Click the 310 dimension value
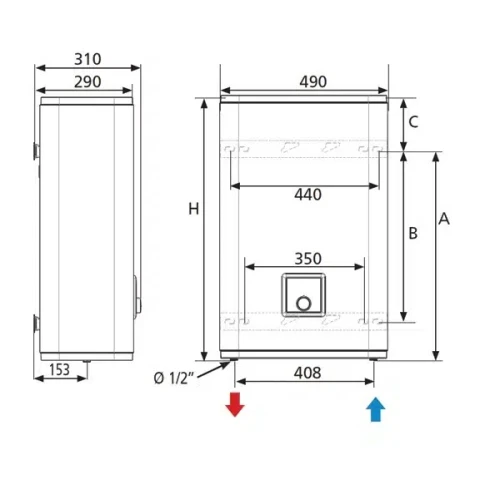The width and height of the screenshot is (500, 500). coord(87,59)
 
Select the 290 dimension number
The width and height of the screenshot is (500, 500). coord(87,82)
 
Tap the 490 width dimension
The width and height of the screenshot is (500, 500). coord(313,82)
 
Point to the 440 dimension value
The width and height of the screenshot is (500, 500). coord(308,195)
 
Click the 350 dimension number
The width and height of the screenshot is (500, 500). coord(308,259)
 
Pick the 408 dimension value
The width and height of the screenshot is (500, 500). coord(307,373)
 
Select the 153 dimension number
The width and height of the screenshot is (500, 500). coord(60,370)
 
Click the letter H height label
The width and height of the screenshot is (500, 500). coord(194,209)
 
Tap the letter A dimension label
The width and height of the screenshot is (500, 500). coord(444,219)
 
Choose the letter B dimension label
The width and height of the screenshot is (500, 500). coord(413,233)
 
